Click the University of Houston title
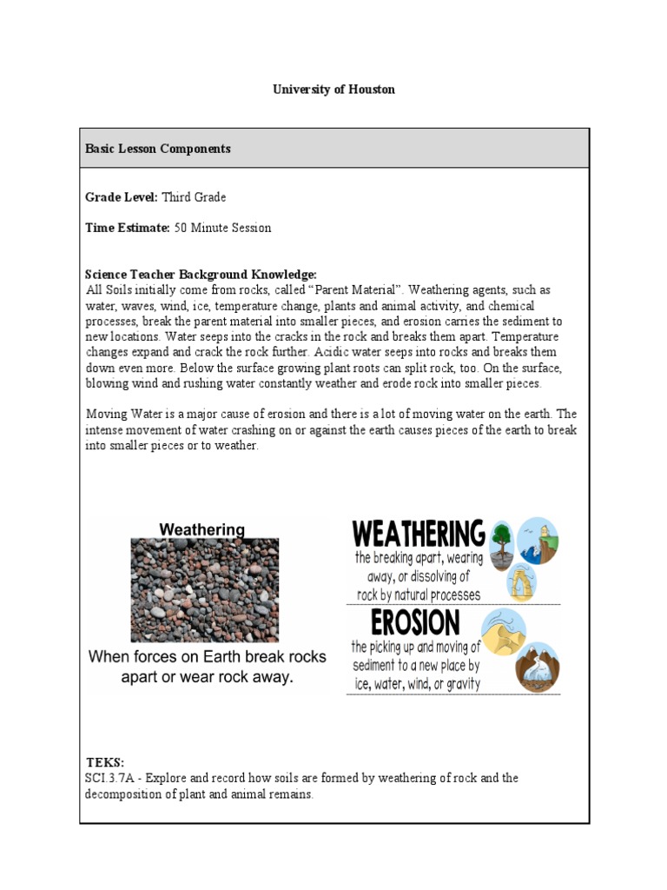[333, 90]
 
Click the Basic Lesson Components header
[157, 149]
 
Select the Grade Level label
[121, 197]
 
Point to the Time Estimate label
[127, 228]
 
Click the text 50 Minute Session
[222, 228]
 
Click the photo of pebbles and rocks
[204, 589]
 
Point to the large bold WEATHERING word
[418, 532]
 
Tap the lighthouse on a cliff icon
[538, 541]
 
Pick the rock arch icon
[521, 580]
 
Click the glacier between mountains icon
[538, 667]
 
